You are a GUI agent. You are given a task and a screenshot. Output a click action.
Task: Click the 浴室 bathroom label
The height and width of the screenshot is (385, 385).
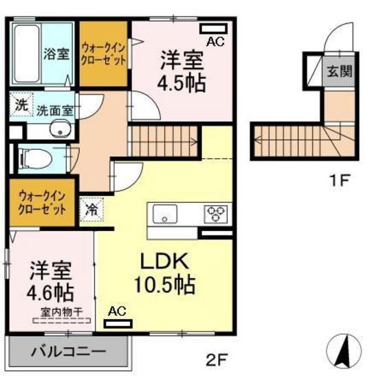56,54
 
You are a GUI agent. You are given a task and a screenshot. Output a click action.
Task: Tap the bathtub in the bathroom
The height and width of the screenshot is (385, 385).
27,54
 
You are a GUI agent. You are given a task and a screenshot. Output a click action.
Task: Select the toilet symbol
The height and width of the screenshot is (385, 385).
36,159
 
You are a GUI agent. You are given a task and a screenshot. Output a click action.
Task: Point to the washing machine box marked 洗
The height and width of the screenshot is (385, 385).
21,104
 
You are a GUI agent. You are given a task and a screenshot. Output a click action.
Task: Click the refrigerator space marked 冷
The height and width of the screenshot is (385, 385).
91,210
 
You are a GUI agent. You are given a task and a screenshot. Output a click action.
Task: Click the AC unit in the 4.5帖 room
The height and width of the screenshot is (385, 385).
214,28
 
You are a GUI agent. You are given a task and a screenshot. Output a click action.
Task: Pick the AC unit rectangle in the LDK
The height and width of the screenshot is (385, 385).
118,323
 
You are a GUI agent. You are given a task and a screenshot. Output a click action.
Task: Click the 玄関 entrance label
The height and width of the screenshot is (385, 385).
340,71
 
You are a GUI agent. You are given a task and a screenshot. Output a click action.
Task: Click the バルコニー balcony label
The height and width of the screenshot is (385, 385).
69,352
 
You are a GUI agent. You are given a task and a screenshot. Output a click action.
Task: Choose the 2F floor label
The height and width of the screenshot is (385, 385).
216,359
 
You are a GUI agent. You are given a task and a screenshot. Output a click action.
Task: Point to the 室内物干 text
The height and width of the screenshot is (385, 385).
61,312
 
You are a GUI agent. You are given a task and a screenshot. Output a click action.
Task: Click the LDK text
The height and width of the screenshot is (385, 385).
164,261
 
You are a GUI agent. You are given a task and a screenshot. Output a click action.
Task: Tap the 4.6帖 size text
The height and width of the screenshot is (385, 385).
50,291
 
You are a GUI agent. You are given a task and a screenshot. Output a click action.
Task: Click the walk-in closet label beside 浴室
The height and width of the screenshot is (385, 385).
103,54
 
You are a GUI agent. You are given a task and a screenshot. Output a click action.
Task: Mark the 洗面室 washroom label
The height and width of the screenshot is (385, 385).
55,111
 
